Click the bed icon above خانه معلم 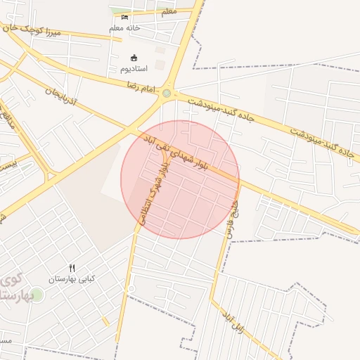point(125,17)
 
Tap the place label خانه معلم point(124,28)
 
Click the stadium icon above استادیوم point(134,58)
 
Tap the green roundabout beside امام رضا point(167,93)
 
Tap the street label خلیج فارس point(229,214)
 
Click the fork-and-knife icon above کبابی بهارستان point(71,268)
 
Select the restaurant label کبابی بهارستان point(71,279)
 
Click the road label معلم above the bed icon point(169,12)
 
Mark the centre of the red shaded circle point(180,179)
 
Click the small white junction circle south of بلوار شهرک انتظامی point(131,289)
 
